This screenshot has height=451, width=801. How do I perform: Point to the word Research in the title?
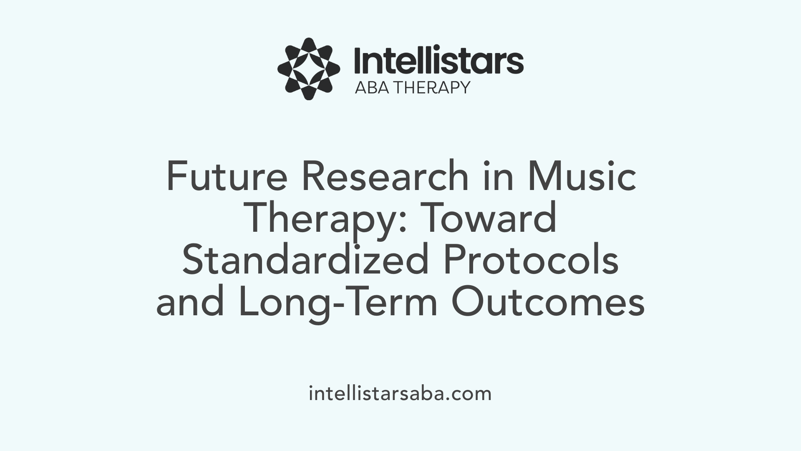click(385, 177)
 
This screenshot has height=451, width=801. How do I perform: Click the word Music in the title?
click(582, 177)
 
